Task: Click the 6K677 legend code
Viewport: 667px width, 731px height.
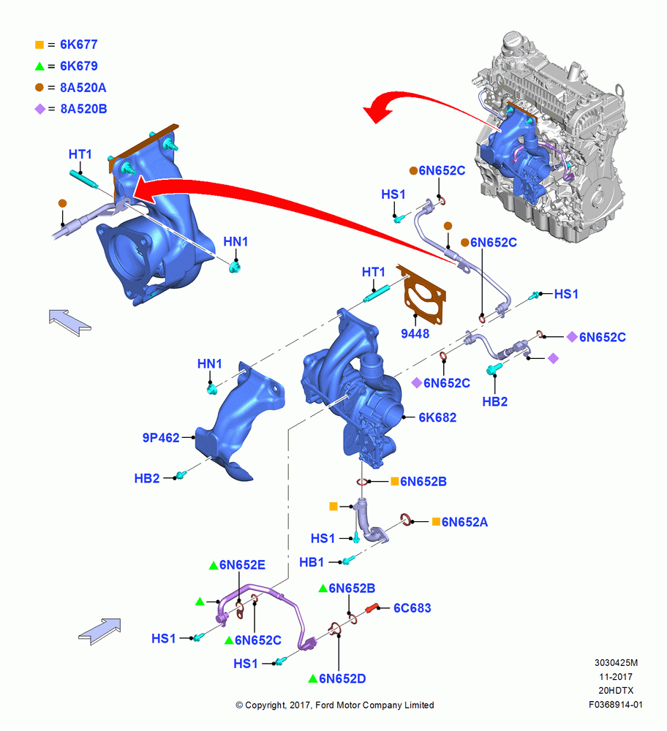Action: click(x=79, y=45)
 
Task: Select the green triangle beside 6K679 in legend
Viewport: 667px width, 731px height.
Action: click(x=39, y=67)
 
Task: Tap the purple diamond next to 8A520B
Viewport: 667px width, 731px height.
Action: click(x=40, y=109)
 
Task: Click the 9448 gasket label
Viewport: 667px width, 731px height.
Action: click(x=415, y=334)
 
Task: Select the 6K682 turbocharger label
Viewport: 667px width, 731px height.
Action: click(x=437, y=417)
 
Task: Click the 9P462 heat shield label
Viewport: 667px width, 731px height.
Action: click(x=161, y=438)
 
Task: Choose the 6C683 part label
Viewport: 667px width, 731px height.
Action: click(x=412, y=608)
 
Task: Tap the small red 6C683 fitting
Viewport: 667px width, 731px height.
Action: click(x=372, y=608)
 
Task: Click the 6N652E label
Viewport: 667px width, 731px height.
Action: click(x=242, y=565)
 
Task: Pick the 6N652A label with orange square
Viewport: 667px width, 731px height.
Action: click(x=464, y=522)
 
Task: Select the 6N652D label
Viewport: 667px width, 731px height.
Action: click(x=342, y=679)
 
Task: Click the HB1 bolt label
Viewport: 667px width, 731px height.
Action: click(x=312, y=562)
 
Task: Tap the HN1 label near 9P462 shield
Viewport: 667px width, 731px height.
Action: click(x=209, y=363)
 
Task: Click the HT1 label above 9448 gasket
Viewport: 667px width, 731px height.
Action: click(x=374, y=272)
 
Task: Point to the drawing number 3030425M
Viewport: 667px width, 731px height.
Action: click(x=616, y=662)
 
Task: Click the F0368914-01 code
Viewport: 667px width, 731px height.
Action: click(x=616, y=705)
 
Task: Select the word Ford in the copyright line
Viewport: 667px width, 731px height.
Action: click(x=325, y=705)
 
